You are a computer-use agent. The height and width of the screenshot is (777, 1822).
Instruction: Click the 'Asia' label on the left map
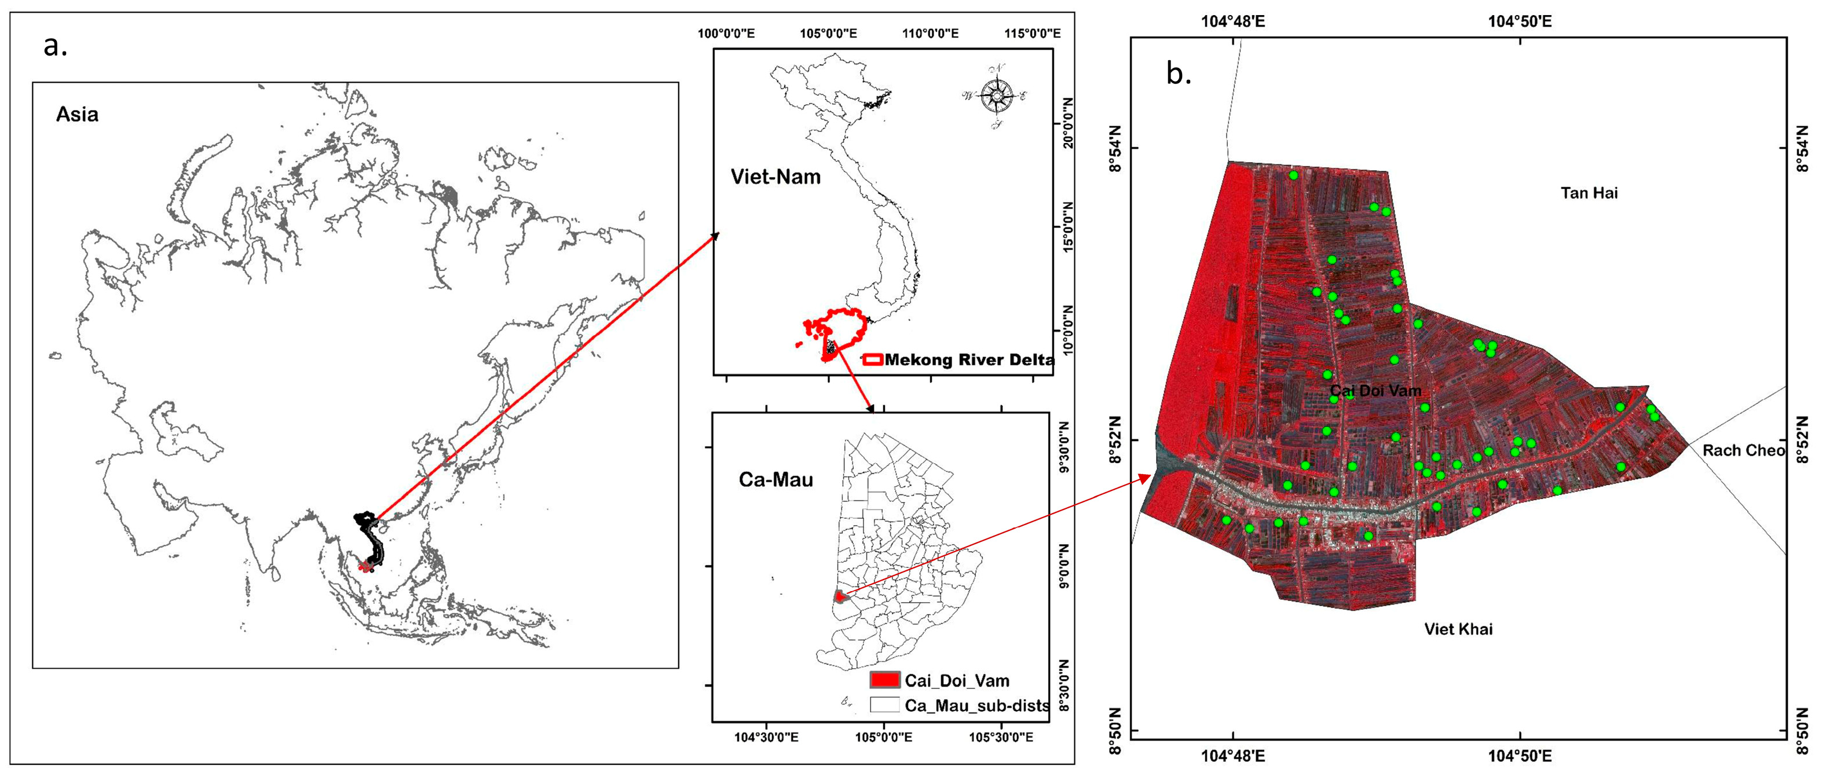[x=77, y=115]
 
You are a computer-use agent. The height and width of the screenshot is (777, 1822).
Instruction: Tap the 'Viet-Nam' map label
[x=775, y=177]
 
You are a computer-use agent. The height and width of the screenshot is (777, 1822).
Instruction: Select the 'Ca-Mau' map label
[x=775, y=480]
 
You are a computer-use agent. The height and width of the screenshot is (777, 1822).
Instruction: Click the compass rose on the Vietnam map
[x=996, y=96]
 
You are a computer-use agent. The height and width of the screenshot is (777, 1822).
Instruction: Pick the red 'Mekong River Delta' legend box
[x=873, y=359]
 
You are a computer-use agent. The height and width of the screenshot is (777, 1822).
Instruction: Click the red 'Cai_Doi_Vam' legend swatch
[x=884, y=680]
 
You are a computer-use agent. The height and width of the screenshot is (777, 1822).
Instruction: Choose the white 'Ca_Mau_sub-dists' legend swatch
[x=884, y=705]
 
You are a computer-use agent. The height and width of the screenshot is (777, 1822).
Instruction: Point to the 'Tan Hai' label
[x=1589, y=193]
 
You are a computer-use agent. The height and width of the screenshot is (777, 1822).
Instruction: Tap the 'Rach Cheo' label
[x=1743, y=450]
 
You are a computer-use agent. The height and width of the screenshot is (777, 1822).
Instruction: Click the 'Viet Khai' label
[x=1458, y=629]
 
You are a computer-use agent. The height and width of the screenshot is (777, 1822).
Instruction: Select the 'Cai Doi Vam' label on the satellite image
[x=1375, y=390]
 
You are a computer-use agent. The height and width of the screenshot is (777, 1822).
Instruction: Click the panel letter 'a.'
[x=55, y=47]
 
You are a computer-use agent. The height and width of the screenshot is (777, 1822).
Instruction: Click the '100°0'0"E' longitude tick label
[x=726, y=33]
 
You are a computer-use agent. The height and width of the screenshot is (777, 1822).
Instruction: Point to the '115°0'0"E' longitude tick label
[x=1032, y=33]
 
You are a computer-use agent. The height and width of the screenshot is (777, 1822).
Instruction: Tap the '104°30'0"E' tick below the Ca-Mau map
[x=766, y=738]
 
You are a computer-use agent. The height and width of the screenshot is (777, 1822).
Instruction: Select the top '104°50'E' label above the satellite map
[x=1519, y=21]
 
